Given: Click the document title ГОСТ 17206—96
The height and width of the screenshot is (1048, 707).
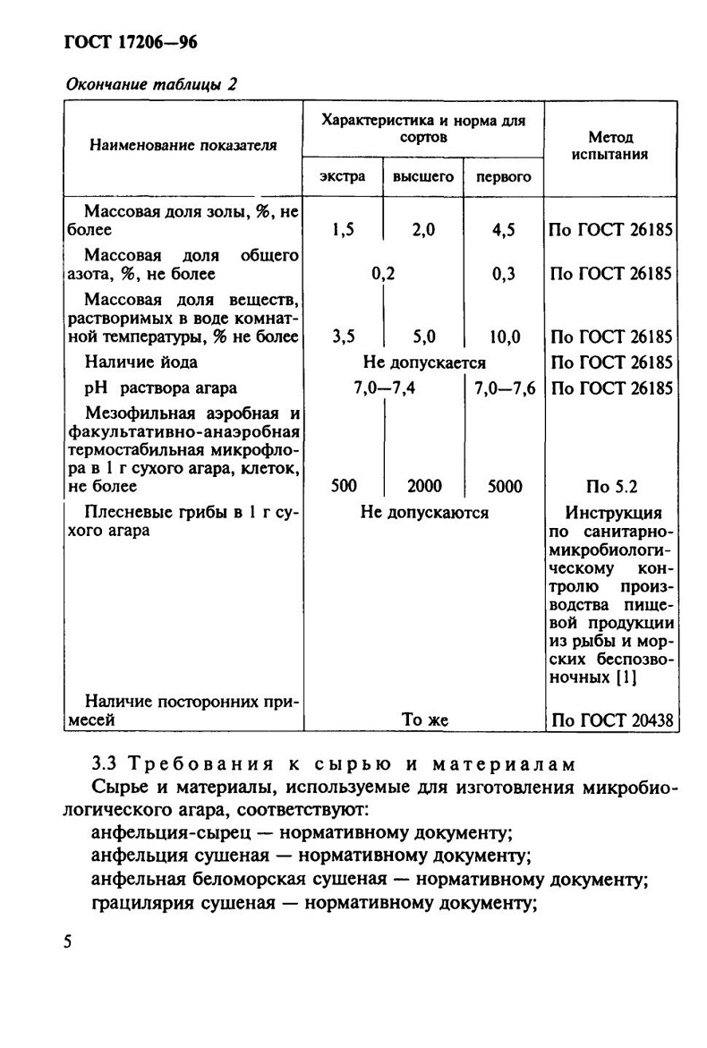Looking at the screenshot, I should tap(131, 42).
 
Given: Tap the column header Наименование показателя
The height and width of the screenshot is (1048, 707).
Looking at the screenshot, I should tap(180, 143).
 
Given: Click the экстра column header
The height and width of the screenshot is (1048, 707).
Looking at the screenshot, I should tap(343, 176).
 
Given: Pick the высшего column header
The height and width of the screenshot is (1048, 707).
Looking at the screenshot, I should tap(422, 176).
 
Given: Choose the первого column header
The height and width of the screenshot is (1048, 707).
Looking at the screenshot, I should tap(503, 176).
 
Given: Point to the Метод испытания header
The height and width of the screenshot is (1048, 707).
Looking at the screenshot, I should tap(611, 145).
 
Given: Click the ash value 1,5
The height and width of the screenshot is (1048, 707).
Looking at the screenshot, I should tap(343, 230).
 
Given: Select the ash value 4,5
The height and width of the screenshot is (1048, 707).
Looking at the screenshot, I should tap(504, 230).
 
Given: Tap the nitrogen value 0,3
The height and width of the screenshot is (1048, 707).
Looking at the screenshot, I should tap(504, 274).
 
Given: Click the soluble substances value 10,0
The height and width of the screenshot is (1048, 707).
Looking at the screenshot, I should tap(504, 337).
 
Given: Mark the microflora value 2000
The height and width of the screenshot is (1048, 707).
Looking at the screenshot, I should tap(424, 486).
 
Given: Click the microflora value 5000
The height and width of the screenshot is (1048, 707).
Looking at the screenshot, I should tap(505, 486).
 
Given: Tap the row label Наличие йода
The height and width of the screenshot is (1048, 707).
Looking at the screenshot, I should tap(141, 362).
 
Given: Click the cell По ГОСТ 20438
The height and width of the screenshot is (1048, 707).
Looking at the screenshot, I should tap(612, 720).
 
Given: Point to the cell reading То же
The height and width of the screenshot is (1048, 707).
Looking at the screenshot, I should tap(424, 720).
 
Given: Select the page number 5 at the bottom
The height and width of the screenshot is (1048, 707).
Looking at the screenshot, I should tap(68, 944).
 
